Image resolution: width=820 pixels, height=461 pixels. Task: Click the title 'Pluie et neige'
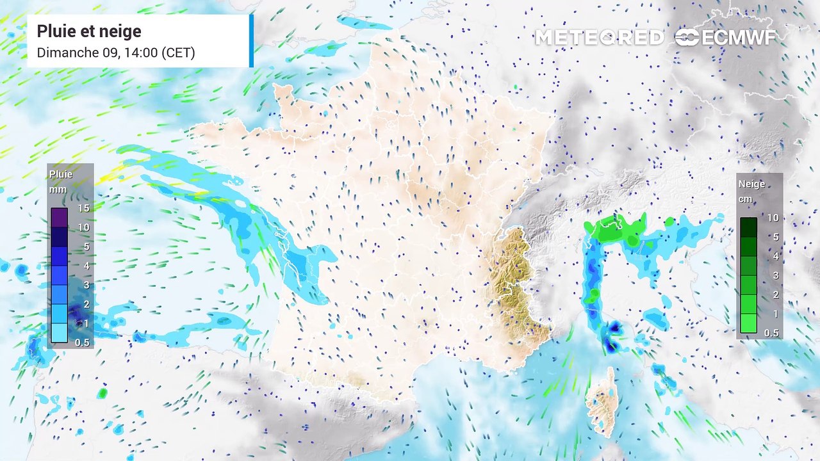click(x=89, y=31)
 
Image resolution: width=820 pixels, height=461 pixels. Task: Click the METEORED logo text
click(x=600, y=38)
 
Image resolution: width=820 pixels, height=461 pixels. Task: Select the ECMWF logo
click(x=725, y=38)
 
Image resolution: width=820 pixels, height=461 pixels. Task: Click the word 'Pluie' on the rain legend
click(x=61, y=174)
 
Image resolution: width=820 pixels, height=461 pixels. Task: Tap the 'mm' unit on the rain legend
click(x=58, y=190)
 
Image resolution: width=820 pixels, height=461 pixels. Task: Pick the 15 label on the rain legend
click(x=83, y=208)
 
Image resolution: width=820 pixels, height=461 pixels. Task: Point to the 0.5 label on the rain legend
click(x=81, y=342)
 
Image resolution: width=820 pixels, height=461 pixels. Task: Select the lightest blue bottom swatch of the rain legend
click(x=59, y=333)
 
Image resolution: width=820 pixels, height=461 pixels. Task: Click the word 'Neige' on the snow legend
click(x=751, y=184)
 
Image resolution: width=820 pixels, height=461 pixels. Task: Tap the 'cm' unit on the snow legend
click(x=745, y=198)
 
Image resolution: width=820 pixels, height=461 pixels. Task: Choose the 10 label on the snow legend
click(x=773, y=218)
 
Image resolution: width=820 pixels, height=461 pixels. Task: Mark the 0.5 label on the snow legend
click(x=771, y=333)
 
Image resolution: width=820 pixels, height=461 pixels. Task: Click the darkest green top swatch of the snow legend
click(x=748, y=227)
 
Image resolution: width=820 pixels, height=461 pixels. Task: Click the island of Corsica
click(x=603, y=401)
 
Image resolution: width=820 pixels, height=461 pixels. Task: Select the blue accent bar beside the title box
click(x=252, y=40)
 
